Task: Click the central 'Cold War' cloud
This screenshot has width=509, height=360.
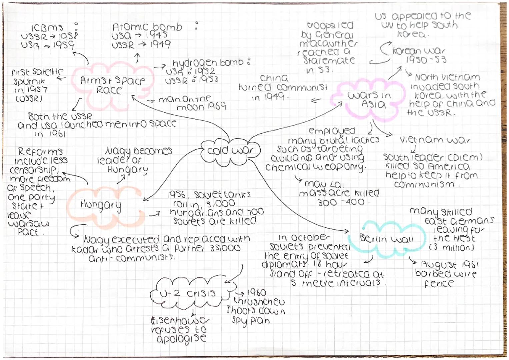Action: click(230, 151)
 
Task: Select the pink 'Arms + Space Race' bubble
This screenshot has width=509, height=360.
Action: click(112, 85)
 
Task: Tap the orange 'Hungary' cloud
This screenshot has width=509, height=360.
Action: click(101, 204)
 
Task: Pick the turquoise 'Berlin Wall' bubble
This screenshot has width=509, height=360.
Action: click(386, 239)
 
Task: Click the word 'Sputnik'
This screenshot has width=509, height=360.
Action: click(29, 81)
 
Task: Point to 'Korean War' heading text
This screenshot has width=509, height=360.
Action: click(419, 51)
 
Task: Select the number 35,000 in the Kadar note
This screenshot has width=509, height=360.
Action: click(225, 248)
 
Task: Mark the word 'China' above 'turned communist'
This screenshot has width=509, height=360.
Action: click(274, 78)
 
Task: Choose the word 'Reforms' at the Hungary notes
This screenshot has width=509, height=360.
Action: click(40, 152)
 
